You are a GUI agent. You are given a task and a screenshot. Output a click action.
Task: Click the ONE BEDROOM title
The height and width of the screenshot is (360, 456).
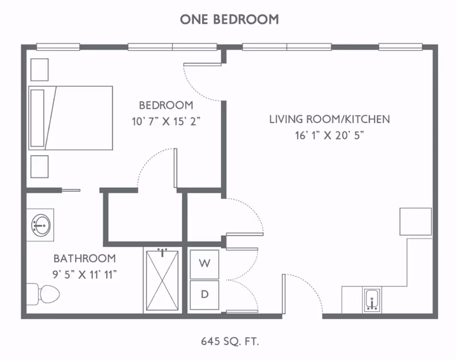229,19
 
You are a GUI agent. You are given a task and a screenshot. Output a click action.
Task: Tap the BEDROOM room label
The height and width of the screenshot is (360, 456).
166,105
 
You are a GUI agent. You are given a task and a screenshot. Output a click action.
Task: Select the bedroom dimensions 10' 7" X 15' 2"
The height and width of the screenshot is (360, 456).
166,121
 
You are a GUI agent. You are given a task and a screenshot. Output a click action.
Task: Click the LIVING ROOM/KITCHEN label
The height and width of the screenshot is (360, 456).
329,119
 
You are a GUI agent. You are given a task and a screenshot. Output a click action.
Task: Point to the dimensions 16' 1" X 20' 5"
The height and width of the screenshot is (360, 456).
329,135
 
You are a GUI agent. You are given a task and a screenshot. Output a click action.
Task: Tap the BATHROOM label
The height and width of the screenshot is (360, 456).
84,258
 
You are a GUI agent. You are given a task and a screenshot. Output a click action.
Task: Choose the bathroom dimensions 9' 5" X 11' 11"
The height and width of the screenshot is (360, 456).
84,274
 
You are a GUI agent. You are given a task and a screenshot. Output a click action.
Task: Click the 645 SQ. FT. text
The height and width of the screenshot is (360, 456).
230,341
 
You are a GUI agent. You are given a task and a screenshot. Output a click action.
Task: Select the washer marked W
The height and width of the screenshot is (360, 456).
205,264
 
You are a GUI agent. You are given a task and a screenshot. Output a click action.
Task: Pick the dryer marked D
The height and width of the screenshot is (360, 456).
205,295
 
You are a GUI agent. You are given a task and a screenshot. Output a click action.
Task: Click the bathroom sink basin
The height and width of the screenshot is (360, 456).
41,225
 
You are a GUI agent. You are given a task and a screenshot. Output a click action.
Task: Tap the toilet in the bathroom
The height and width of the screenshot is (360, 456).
43,294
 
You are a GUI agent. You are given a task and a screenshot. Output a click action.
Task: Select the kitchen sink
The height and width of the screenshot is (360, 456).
372,300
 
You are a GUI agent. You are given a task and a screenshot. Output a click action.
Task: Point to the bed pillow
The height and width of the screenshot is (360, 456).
38,118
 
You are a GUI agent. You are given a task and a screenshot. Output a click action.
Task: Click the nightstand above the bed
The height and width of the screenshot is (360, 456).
39,70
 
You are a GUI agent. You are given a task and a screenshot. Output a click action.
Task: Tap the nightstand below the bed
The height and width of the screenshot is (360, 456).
39,167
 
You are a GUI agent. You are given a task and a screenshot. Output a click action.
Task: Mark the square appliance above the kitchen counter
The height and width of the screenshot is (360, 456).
416,221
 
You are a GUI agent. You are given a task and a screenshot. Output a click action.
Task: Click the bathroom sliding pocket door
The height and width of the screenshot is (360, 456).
71,191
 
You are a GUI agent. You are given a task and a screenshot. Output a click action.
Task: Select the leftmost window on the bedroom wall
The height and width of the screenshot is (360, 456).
58,47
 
